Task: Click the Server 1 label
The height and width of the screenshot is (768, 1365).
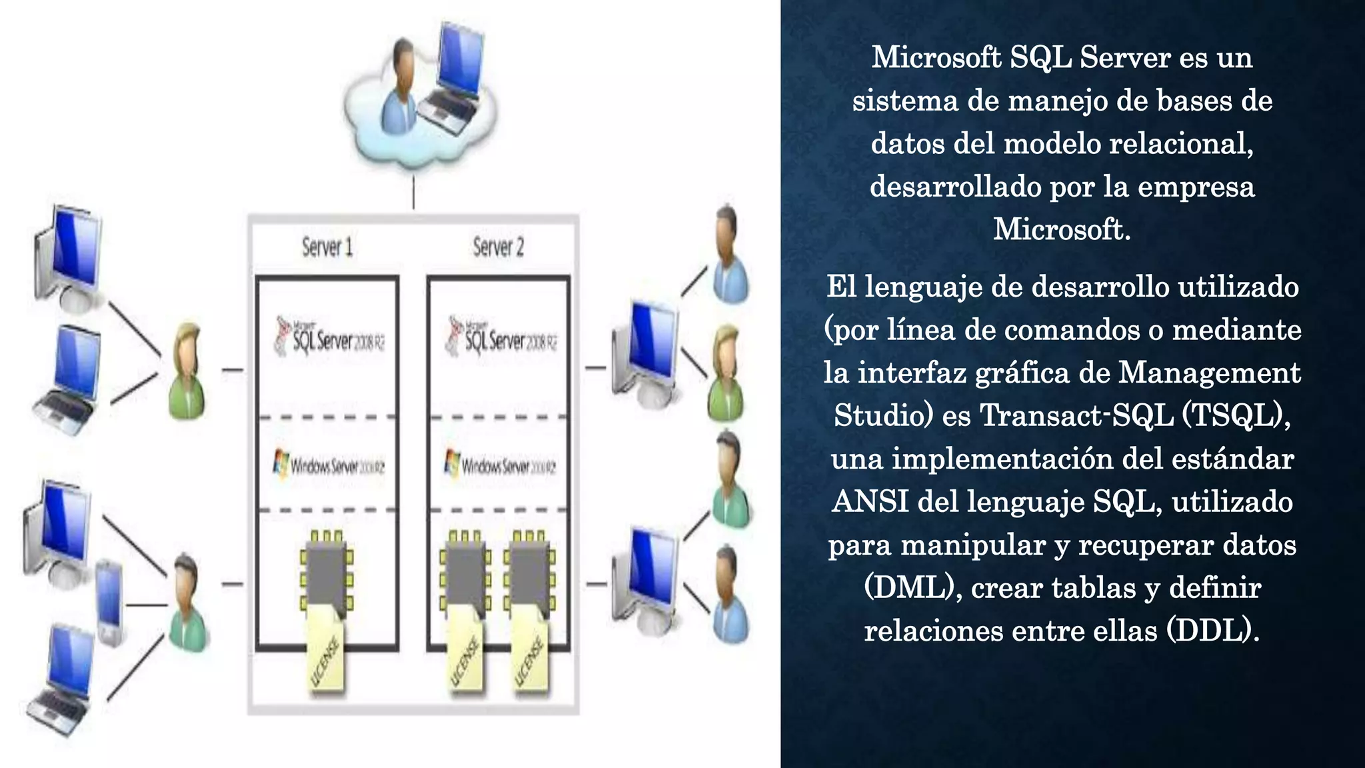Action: [x=327, y=247]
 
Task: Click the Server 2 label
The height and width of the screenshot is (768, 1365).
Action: [x=499, y=247]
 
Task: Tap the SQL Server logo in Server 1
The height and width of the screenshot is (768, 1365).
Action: [x=331, y=337]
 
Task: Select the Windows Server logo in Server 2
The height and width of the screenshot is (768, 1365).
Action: [x=501, y=464]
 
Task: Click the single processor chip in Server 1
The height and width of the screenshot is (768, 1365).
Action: [x=326, y=574]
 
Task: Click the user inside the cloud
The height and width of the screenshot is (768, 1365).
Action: [x=401, y=87]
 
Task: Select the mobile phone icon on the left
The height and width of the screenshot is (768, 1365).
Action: [x=109, y=603]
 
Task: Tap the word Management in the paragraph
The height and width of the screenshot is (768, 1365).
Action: [x=1209, y=373]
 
